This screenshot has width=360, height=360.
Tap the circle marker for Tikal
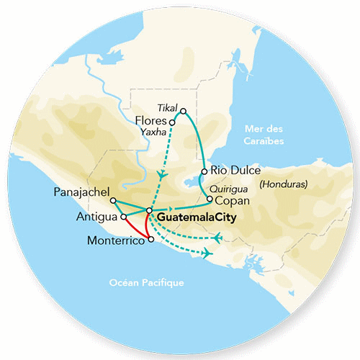[184, 112]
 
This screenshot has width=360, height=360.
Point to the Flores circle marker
[171, 122]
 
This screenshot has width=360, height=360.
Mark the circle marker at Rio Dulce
[205, 171]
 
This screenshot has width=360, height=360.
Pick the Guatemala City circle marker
[149, 211]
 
